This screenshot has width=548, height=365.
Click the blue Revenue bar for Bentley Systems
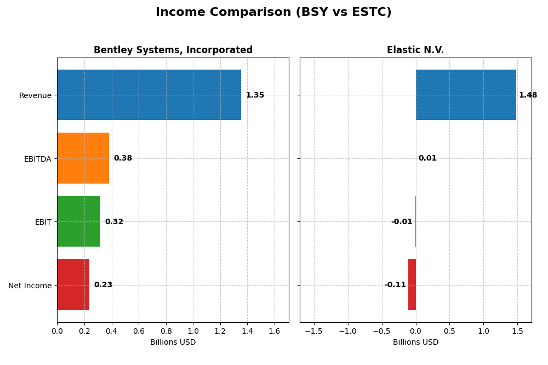point(149,95)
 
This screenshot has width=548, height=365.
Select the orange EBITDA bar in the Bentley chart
point(83,158)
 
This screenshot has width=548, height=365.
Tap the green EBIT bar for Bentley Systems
point(78,221)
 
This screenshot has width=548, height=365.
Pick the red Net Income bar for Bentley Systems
point(73,285)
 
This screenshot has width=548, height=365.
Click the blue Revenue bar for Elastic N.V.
point(466,95)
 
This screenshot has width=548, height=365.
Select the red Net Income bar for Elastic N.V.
point(412,285)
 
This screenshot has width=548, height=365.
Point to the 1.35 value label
point(255,95)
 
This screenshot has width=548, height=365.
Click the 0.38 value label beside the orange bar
point(123,158)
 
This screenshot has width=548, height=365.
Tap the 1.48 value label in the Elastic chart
point(528,95)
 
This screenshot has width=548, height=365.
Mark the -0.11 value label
point(395,285)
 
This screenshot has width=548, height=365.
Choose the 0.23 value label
point(103,285)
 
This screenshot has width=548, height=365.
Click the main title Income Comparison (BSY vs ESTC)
point(273,12)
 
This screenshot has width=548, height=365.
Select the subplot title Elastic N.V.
point(415,50)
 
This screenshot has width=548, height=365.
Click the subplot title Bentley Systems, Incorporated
point(173,50)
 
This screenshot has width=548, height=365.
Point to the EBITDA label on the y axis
point(38,159)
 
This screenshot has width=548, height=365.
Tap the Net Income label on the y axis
point(30,286)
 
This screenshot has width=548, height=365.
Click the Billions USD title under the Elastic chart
point(415,343)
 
